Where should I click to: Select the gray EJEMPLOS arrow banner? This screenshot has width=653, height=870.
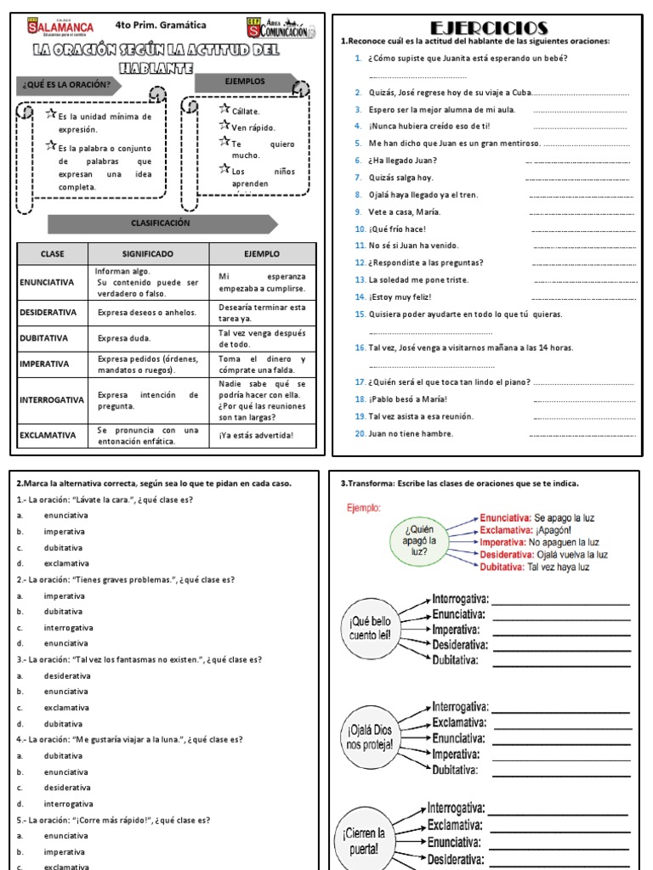click(x=245, y=82)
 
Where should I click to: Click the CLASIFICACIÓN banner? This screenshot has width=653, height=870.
click(x=161, y=223)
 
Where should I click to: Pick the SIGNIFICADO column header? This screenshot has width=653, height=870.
click(x=148, y=253)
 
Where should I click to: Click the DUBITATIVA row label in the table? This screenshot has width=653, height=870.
click(x=48, y=338)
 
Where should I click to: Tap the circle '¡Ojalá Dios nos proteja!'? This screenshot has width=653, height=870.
click(x=369, y=737)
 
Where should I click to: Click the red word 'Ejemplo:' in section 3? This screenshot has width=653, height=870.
click(x=364, y=508)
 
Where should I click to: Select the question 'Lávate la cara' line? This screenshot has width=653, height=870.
click(x=104, y=500)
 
